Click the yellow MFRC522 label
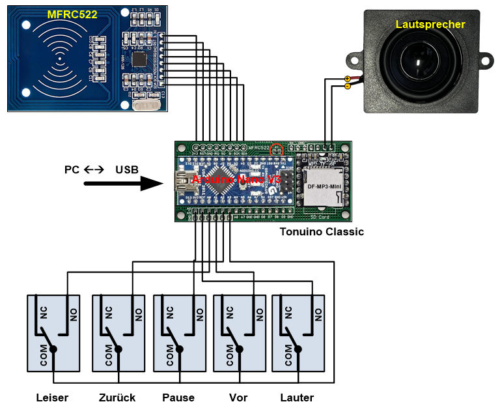[72, 14]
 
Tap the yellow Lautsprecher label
[430, 25]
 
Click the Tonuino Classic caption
[322, 231]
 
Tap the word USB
[127, 169]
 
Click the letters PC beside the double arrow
[72, 169]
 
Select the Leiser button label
[52, 397]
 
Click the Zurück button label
[117, 397]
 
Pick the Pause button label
[178, 397]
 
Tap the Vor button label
[238, 397]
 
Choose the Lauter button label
[297, 397]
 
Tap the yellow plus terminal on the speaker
[347, 79]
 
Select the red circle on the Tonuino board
[277, 149]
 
